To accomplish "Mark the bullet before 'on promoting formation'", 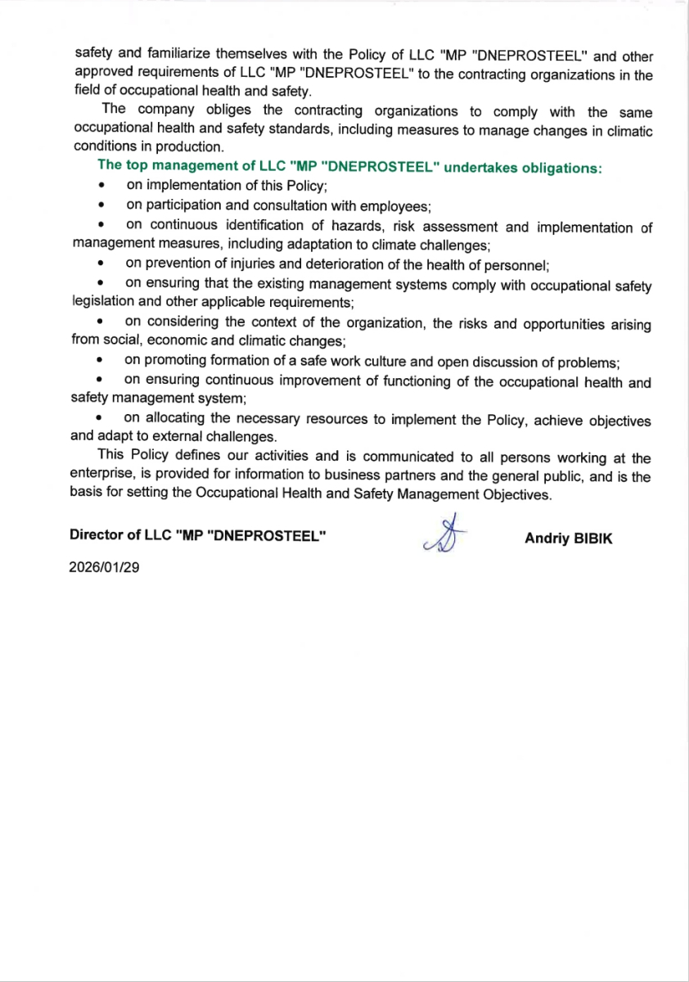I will click(100, 360).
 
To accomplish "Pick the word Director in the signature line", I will click(94, 535).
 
